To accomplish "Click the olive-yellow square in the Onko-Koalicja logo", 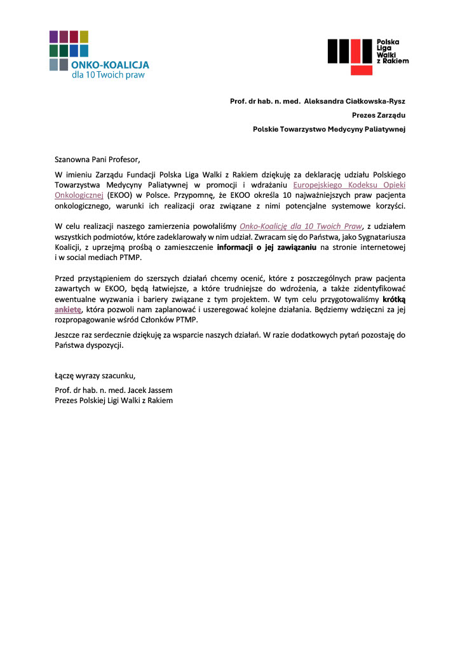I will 84,36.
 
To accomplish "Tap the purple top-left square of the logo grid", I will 54,36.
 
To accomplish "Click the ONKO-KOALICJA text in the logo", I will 110,65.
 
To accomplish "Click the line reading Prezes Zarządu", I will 379,115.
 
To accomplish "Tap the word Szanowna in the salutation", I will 73,159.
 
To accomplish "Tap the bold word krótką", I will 394,299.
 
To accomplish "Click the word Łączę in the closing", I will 66,374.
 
